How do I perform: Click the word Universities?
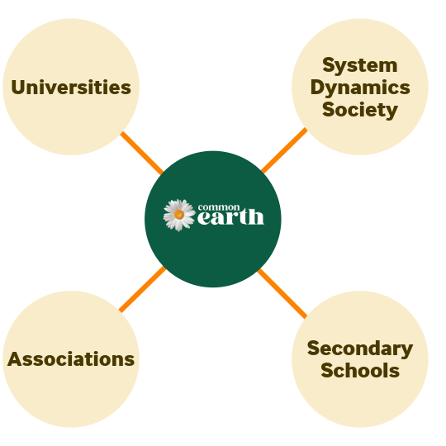pyautogui.click(x=71, y=87)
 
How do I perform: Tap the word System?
pyautogui.click(x=360, y=66)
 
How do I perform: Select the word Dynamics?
pyautogui.click(x=360, y=88)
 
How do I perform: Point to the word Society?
pyautogui.click(x=360, y=111)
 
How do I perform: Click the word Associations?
pyautogui.click(x=71, y=359)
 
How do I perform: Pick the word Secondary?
pyautogui.click(x=360, y=349)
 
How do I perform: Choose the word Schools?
pyautogui.click(x=360, y=370)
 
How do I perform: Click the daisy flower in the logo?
pyautogui.click(x=179, y=215)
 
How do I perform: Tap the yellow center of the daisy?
pyautogui.click(x=179, y=215)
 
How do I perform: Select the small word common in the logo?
pyautogui.click(x=219, y=207)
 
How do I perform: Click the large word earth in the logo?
pyautogui.click(x=230, y=217)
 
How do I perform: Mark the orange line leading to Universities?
pyautogui.click(x=142, y=153)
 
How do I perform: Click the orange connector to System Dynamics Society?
pyautogui.click(x=284, y=150)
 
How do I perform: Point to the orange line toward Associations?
pyautogui.click(x=142, y=289)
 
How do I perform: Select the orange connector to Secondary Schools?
pyautogui.click(x=282, y=293)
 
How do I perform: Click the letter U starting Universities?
pyautogui.click(x=18, y=88)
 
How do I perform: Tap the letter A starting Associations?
pyautogui.click(x=15, y=359)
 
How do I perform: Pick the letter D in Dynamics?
pyautogui.click(x=318, y=87)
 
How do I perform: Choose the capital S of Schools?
pyautogui.click(x=327, y=370)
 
